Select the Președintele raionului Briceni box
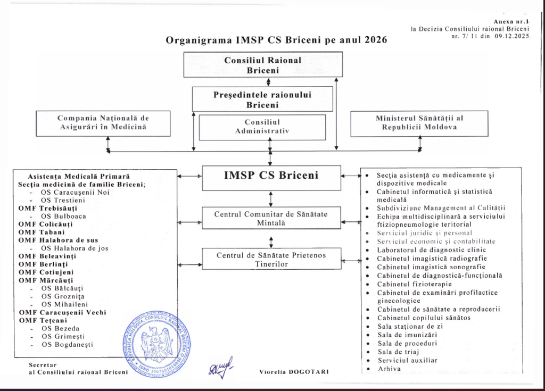262,99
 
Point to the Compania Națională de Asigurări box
103,122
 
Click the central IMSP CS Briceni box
270,175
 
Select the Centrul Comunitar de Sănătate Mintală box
271,219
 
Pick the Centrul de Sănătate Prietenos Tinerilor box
271,260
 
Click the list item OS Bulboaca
63,217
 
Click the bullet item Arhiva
389,369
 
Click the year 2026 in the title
373,40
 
